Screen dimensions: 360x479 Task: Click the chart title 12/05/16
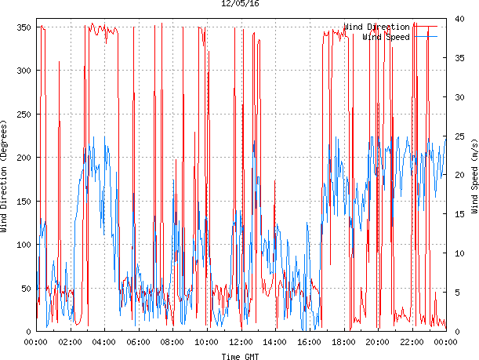click(x=239, y=4)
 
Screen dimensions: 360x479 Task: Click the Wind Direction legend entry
click(x=376, y=27)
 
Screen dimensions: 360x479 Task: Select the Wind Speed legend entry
click(x=386, y=37)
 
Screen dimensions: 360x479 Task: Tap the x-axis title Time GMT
click(x=239, y=355)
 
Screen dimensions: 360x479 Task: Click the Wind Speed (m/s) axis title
click(x=474, y=177)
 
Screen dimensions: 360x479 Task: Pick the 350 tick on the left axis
click(x=21, y=27)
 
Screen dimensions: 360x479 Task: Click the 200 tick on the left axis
click(x=21, y=158)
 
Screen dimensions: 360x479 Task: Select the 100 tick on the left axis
click(x=21, y=245)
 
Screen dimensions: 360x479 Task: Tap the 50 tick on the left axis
click(x=24, y=288)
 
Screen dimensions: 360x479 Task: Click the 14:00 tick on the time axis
click(x=275, y=342)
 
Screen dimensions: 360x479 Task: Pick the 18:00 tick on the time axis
click(x=343, y=342)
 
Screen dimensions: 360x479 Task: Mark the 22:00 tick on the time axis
click(x=412, y=342)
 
